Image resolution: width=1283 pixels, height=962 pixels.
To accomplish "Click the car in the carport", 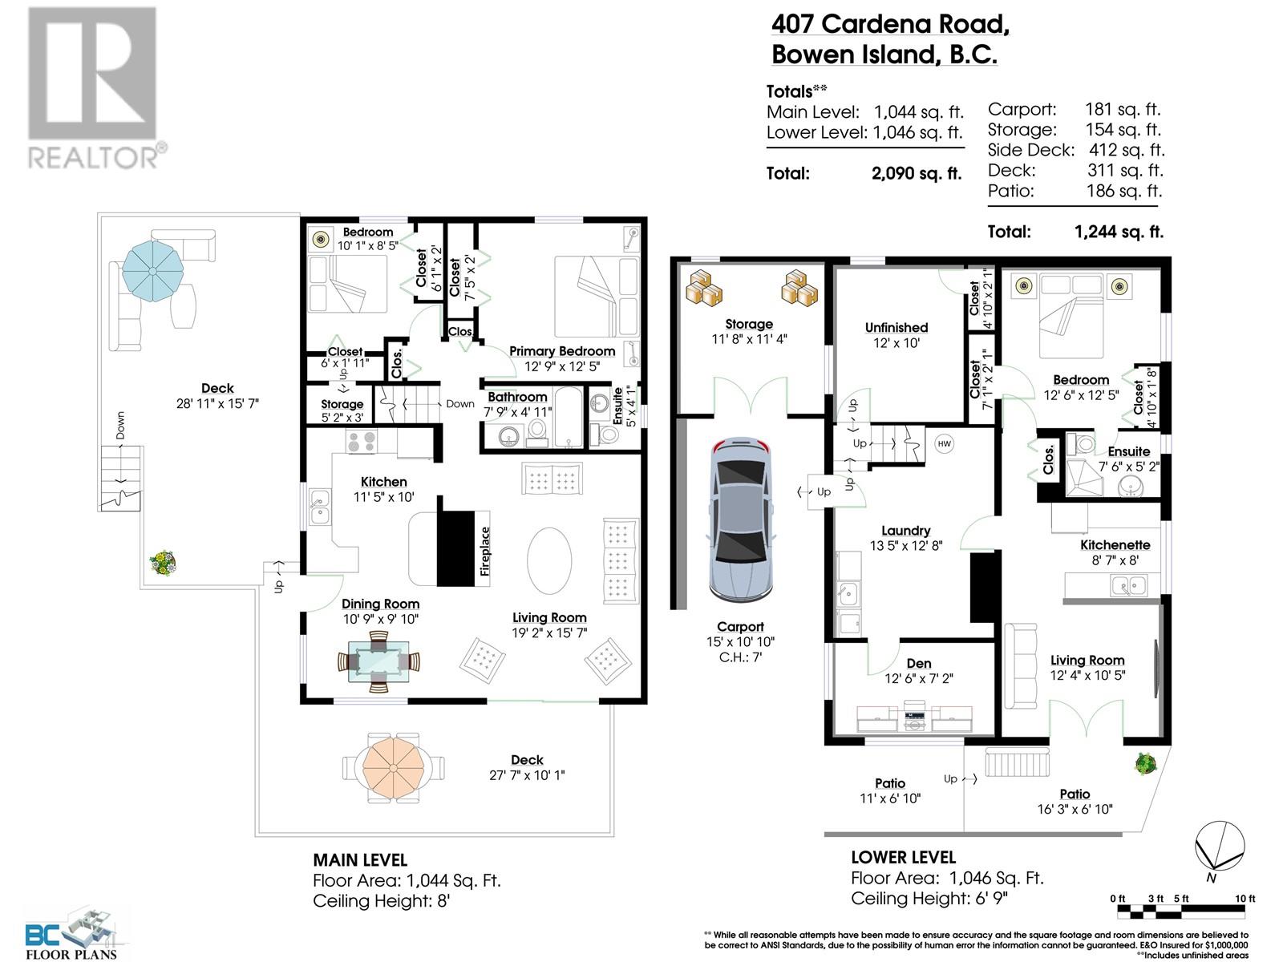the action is [x=740, y=519].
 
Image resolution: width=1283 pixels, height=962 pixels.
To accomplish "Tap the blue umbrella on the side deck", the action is [x=152, y=271].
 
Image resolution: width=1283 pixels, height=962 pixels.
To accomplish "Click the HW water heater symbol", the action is [x=944, y=444].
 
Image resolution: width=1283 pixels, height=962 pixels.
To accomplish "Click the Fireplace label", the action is [x=484, y=552].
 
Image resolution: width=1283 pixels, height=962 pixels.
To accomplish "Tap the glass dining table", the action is [x=378, y=661].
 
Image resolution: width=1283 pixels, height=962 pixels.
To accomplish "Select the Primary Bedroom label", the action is [x=562, y=351].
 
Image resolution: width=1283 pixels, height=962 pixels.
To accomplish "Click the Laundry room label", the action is [x=905, y=531].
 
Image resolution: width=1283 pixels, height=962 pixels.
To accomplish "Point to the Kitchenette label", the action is [x=1115, y=545].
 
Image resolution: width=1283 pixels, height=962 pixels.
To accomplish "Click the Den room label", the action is [x=919, y=664].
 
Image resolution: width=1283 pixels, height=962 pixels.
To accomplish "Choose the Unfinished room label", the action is [x=896, y=328].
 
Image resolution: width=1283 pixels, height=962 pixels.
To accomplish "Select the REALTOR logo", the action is [x=94, y=88].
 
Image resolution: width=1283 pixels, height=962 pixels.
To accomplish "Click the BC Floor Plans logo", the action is [x=71, y=933].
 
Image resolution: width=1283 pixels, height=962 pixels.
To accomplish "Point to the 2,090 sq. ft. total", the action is [x=917, y=173].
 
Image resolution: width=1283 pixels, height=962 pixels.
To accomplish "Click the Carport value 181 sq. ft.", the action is [x=1123, y=109].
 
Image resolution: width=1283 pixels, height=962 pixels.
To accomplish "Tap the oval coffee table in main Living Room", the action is [x=548, y=560].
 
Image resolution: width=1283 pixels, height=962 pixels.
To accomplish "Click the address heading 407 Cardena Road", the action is [x=890, y=25].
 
